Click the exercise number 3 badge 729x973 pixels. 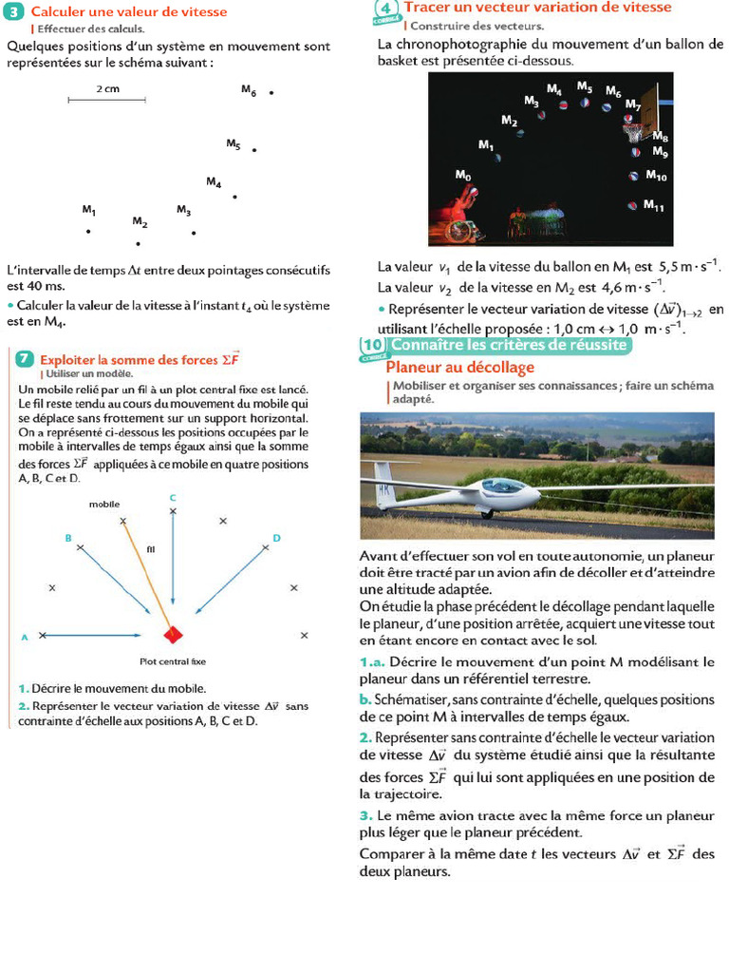point(15,11)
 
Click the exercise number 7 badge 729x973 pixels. point(25,358)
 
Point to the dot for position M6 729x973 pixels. point(271,93)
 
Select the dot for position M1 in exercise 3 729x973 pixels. point(88,231)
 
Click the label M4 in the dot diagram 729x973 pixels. point(214,181)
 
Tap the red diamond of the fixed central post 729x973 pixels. point(172,634)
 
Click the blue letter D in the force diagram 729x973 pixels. point(276,538)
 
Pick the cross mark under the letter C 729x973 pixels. point(173,512)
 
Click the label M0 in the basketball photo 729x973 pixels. point(462,175)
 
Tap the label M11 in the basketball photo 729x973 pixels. point(653,204)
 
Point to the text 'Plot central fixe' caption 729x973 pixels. point(173,661)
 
